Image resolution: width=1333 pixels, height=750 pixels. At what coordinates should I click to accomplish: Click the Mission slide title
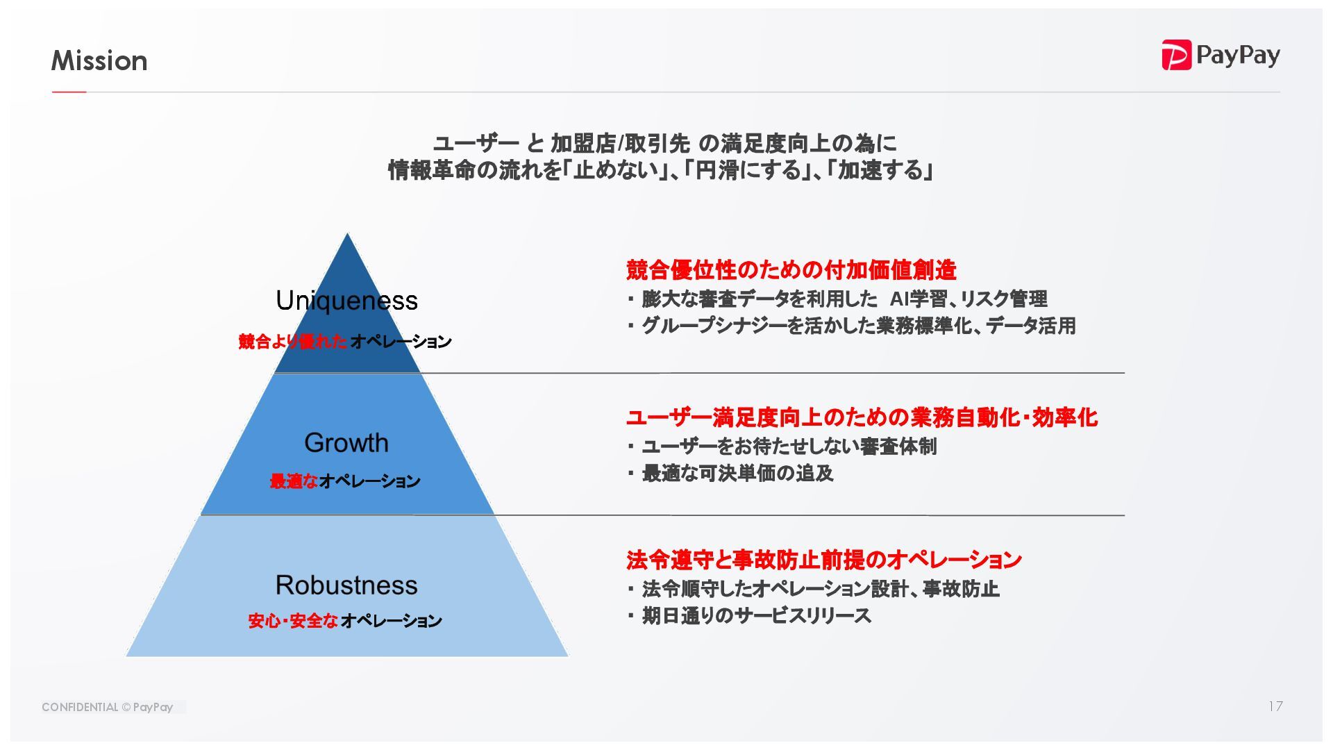(99, 61)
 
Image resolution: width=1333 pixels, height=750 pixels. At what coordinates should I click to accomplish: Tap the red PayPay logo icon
(1176, 55)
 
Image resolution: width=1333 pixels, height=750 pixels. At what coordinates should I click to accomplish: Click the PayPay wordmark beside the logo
(1238, 56)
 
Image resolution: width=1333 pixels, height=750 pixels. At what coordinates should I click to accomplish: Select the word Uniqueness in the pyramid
(346, 301)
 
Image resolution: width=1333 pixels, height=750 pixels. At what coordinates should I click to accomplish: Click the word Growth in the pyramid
(346, 443)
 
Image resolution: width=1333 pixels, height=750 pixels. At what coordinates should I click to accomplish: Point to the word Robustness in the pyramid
(346, 585)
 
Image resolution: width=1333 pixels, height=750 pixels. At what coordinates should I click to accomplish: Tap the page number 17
(1275, 706)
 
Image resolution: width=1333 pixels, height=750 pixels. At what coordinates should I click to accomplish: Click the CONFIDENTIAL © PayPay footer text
(107, 707)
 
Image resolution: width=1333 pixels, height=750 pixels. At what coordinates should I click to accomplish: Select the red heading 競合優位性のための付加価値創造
(791, 269)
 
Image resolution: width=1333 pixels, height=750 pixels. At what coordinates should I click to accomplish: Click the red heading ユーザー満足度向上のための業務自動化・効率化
(861, 417)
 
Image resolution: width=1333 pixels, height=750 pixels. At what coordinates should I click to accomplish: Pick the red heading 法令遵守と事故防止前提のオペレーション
(823, 560)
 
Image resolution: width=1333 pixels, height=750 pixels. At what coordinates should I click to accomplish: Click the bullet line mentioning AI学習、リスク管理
(844, 299)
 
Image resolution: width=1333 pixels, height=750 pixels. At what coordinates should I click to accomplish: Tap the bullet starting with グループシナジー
(858, 326)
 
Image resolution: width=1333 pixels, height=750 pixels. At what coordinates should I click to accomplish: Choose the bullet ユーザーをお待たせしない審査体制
(789, 447)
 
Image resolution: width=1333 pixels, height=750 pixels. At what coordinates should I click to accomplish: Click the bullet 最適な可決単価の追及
(737, 474)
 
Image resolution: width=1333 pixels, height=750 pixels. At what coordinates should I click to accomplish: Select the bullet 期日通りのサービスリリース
(756, 616)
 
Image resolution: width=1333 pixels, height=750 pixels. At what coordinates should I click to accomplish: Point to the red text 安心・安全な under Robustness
(293, 621)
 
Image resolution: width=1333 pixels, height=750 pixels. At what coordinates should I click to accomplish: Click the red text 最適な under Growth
(294, 481)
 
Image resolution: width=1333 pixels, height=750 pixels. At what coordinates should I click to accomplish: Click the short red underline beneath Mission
(69, 92)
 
